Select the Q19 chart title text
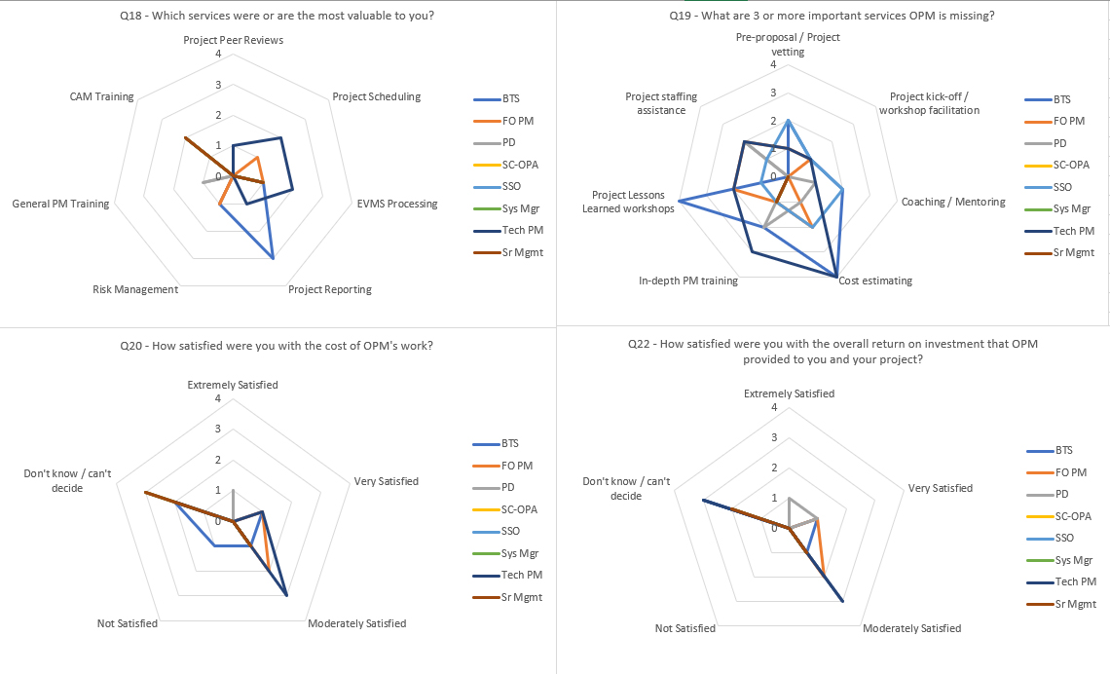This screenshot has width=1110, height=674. (x=832, y=16)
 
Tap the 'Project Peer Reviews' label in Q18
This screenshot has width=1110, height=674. (x=233, y=41)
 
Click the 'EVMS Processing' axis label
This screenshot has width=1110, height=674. (x=396, y=204)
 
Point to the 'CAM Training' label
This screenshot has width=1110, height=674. (x=101, y=97)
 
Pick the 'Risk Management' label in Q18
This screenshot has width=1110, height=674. (x=135, y=289)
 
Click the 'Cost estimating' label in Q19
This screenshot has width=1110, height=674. (x=875, y=281)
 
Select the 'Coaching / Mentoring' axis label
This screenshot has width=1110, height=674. (x=953, y=202)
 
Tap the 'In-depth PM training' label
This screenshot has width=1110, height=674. (x=688, y=281)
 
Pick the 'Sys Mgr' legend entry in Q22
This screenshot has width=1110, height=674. (x=1073, y=560)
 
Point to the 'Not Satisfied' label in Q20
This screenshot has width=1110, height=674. (x=128, y=623)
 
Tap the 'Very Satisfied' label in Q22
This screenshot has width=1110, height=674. (x=940, y=488)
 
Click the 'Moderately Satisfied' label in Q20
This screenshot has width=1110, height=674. (x=356, y=623)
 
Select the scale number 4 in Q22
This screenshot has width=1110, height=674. (x=774, y=407)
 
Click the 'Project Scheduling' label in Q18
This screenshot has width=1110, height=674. (x=377, y=96)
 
